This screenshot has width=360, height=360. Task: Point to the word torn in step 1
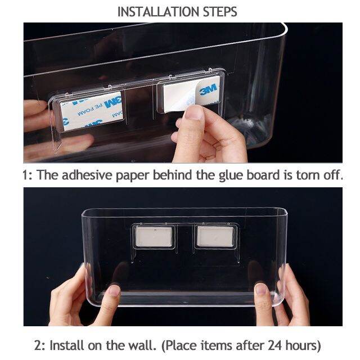tap(302, 174)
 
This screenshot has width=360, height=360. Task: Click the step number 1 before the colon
tap(25, 174)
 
